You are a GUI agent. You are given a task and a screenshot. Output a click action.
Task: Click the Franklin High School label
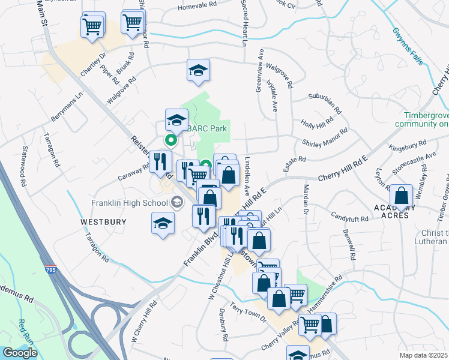pos(130,203)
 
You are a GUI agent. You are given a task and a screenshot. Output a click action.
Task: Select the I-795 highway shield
pos(50,269)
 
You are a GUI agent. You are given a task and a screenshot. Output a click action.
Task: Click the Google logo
pos(20,353)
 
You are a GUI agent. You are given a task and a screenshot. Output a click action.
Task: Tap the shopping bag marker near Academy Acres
pos(401,196)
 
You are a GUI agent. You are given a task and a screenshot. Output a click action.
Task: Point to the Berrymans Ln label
pos(66,107)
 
